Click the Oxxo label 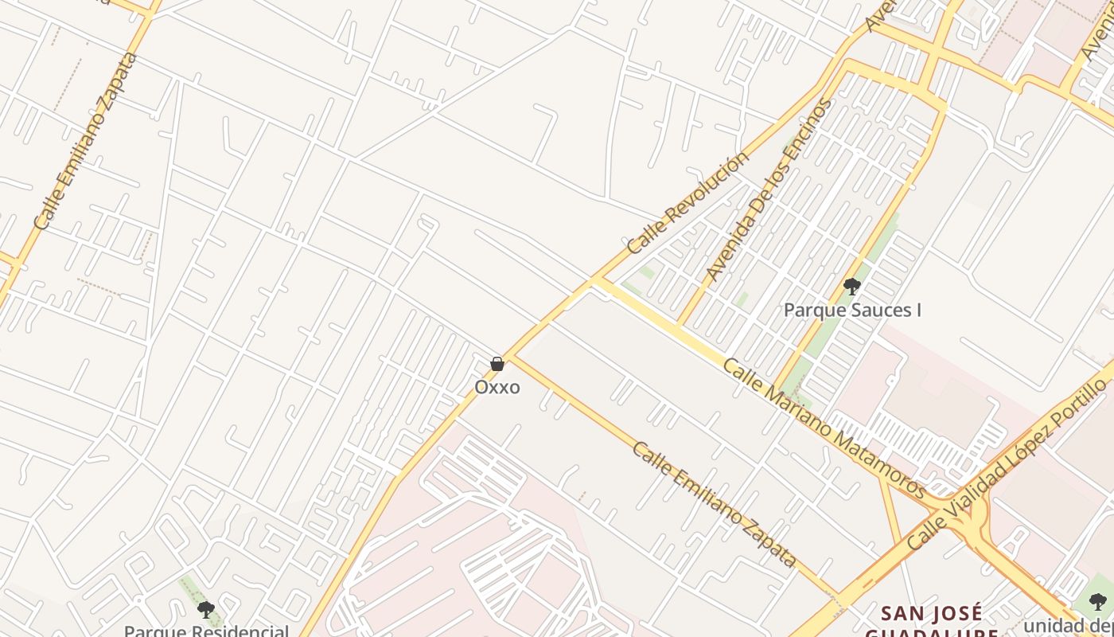pyautogui.click(x=497, y=387)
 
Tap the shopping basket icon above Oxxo pyautogui.click(x=497, y=365)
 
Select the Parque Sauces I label pyautogui.click(x=852, y=310)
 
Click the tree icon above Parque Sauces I pyautogui.click(x=852, y=287)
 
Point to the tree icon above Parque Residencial pyautogui.click(x=206, y=611)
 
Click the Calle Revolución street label pyautogui.click(x=688, y=202)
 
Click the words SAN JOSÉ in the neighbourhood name pyautogui.click(x=932, y=613)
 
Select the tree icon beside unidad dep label pyautogui.click(x=1098, y=602)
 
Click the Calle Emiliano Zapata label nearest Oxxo pyautogui.click(x=714, y=504)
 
